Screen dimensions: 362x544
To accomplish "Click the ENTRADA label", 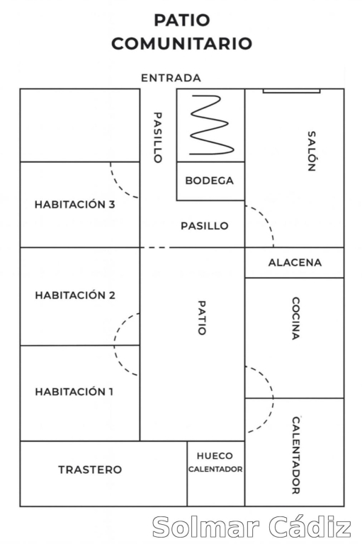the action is [171, 78].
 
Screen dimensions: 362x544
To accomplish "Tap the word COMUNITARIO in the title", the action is [181, 44].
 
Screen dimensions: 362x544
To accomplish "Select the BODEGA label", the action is [209, 181].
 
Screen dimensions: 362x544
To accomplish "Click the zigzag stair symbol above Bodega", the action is [211, 125].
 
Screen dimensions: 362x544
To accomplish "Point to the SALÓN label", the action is [311, 151].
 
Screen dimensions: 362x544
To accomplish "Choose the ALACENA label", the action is [295, 263].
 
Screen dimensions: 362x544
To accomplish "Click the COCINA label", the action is [295, 318].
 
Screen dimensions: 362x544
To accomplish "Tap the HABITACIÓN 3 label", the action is [74, 204].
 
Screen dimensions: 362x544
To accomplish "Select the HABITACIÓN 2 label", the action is [75, 295].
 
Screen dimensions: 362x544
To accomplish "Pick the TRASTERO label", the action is [90, 470].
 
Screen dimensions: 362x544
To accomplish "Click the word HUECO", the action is [215, 456].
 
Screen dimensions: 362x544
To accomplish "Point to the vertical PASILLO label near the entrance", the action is [157, 137].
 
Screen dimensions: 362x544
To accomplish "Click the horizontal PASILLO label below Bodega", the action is [205, 226].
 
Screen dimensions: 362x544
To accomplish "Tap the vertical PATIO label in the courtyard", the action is [202, 318].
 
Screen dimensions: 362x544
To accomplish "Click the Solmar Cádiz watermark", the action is [251, 527].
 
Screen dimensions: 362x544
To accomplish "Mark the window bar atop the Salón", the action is [292, 91].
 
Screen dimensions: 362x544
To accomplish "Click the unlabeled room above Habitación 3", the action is [80, 125].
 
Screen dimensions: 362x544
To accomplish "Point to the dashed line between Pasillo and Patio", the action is [155, 248].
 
